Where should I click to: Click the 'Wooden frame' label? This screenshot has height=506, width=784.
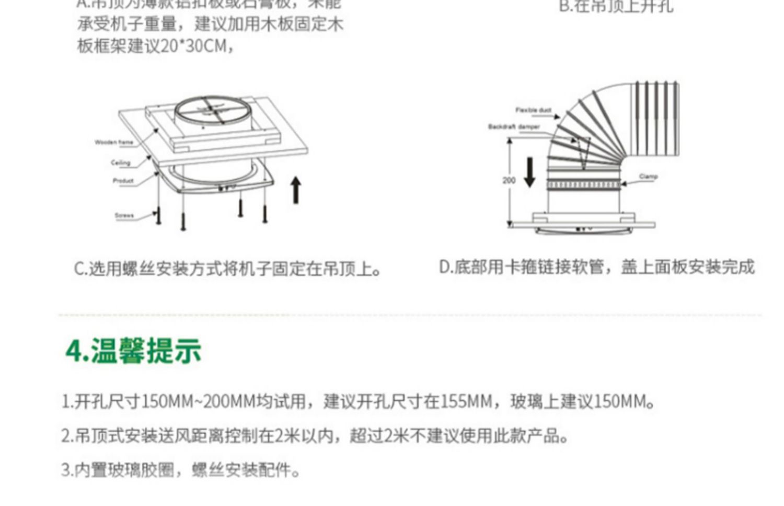(114, 142)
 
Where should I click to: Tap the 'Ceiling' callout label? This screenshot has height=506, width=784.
(120, 163)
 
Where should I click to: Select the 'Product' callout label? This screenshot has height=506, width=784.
(123, 181)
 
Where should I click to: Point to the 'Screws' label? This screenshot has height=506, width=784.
(124, 215)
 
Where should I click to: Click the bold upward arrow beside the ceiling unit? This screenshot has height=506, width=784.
(296, 190)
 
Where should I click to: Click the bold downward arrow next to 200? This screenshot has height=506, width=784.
(529, 172)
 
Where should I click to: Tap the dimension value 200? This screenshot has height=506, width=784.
(509, 180)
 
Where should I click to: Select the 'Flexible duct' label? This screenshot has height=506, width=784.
(533, 110)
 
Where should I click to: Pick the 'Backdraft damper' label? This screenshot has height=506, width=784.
(514, 126)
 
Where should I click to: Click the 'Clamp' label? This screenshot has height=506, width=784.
(648, 177)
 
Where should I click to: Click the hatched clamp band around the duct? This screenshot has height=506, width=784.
(583, 185)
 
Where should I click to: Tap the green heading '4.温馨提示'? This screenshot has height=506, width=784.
(133, 351)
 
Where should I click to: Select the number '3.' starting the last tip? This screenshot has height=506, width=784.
(67, 469)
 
